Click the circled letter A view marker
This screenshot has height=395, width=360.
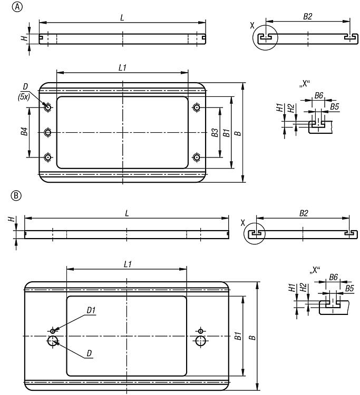tap(17, 7)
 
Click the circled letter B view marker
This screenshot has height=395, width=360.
tap(16, 195)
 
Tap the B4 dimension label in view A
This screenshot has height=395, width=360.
tap(24, 132)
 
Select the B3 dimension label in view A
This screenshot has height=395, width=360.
tap(215, 133)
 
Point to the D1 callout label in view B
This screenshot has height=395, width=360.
tap(91, 310)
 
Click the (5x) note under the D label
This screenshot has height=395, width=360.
tap(24, 96)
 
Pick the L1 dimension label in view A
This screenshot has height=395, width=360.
tap(122, 67)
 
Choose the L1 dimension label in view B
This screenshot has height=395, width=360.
tap(128, 264)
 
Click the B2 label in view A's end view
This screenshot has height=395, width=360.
tap(308, 17)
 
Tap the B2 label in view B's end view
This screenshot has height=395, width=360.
tap(304, 213)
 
